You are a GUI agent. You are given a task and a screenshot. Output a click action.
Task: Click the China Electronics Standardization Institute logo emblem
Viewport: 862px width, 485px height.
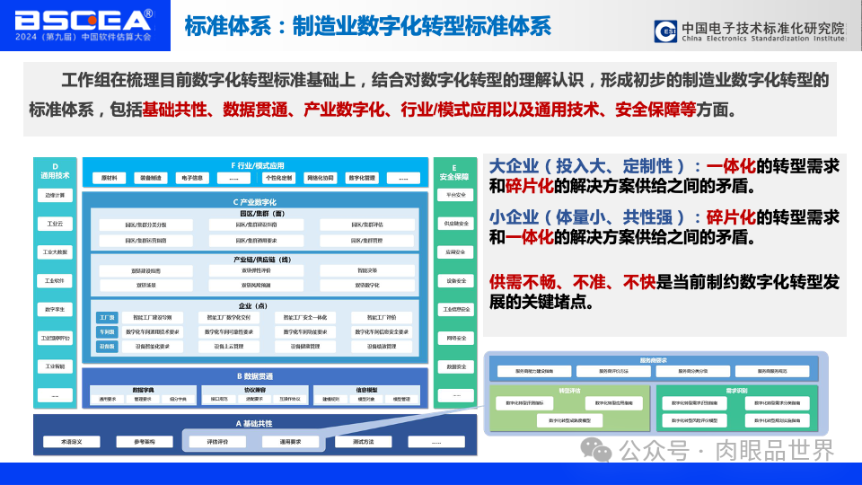pyautogui.click(x=666, y=31)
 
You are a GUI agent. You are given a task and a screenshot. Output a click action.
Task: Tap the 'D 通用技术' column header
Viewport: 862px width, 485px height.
pyautogui.click(x=56, y=171)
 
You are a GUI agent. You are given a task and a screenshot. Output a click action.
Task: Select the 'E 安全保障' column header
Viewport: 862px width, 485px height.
pyautogui.click(x=455, y=171)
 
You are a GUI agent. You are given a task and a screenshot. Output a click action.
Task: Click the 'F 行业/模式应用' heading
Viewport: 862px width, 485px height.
pyautogui.click(x=257, y=166)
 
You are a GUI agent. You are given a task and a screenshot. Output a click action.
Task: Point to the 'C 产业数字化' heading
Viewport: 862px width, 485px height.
pyautogui.click(x=256, y=202)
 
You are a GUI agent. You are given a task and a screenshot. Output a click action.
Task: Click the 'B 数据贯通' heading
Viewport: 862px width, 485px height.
pyautogui.click(x=256, y=376)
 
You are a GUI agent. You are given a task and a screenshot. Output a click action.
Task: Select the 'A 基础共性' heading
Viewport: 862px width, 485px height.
pyautogui.click(x=256, y=423)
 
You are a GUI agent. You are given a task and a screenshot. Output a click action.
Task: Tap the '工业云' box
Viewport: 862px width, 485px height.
pyautogui.click(x=56, y=223)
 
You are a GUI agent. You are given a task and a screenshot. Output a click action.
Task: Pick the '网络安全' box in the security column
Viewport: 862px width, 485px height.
pyautogui.click(x=455, y=338)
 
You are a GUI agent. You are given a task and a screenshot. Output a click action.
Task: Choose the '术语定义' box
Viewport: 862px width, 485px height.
pyautogui.click(x=72, y=442)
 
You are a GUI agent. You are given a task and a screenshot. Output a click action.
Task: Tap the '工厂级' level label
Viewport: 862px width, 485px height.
pyautogui.click(x=108, y=318)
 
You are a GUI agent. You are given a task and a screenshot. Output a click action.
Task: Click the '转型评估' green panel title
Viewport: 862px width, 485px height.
pyautogui.click(x=569, y=392)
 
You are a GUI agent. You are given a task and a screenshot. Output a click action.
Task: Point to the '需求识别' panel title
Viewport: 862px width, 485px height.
pyautogui.click(x=736, y=392)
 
